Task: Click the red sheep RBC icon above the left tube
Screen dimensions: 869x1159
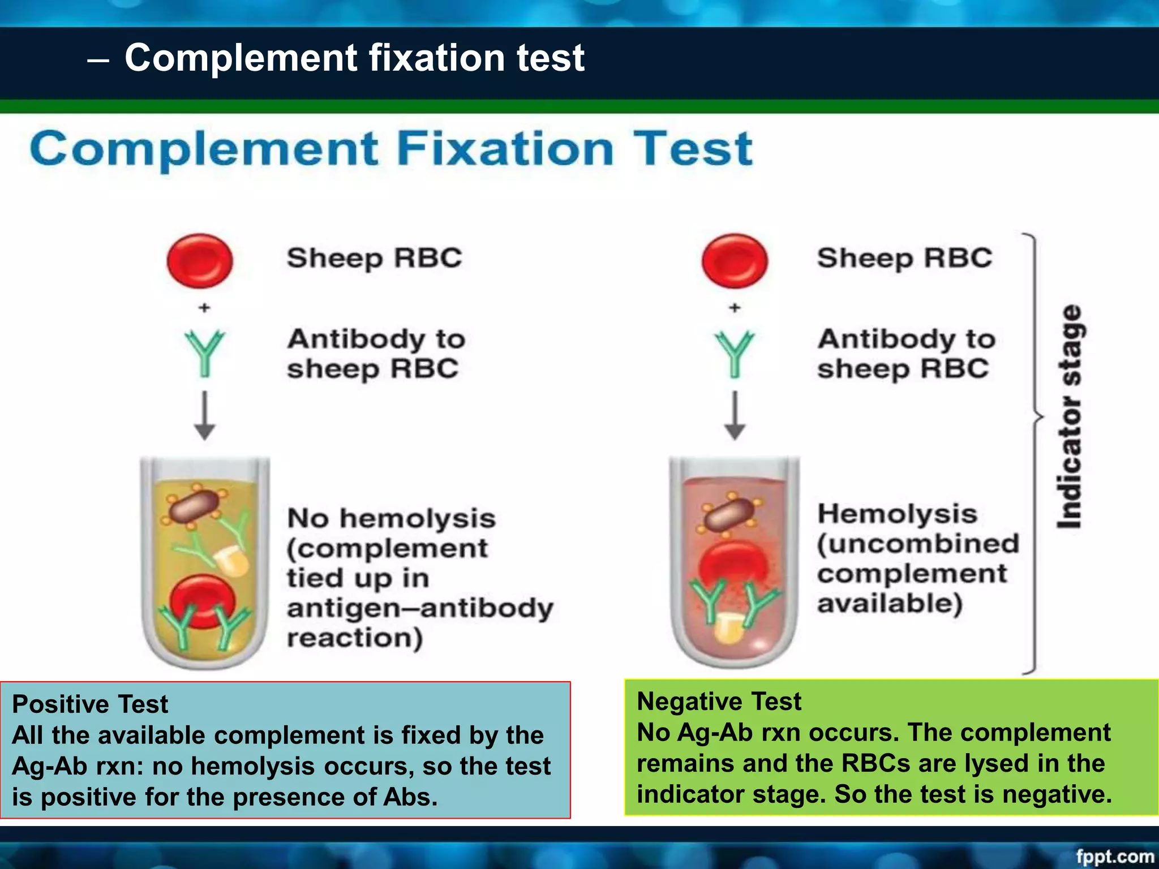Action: click(200, 261)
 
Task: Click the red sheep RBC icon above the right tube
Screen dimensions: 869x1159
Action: click(735, 261)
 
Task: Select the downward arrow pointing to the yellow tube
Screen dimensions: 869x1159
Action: click(205, 416)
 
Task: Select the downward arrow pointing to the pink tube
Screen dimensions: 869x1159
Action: click(735, 416)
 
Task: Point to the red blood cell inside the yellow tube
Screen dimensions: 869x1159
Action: click(203, 601)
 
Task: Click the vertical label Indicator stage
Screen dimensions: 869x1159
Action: click(1070, 416)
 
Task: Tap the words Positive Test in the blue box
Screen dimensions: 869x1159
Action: click(90, 704)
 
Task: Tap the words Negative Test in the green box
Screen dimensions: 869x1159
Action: click(719, 702)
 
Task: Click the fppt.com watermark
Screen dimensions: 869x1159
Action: click(1114, 856)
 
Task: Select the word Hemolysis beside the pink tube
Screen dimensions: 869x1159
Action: click(898, 514)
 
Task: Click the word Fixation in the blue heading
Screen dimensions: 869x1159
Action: click(505, 149)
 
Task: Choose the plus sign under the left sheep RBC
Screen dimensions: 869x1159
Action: click(204, 308)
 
